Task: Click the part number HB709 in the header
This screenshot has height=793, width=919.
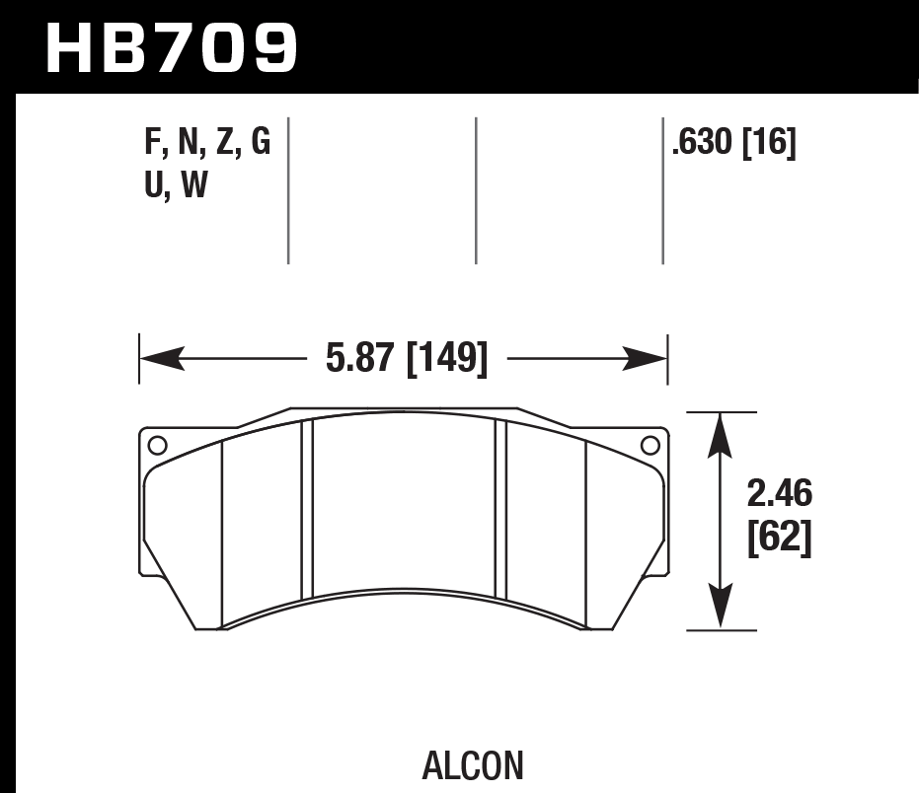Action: click(x=171, y=46)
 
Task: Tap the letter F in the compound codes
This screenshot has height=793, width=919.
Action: click(x=154, y=144)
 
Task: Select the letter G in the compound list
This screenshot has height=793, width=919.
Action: click(x=260, y=144)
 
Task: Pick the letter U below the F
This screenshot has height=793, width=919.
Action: click(x=155, y=184)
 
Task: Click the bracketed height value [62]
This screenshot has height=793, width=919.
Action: click(x=780, y=538)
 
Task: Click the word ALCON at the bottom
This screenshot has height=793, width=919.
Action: click(x=472, y=764)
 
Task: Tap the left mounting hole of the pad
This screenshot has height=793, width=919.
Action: click(x=158, y=445)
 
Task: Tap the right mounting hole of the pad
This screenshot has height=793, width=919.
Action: click(x=650, y=445)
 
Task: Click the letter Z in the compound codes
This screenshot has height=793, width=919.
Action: click(x=225, y=144)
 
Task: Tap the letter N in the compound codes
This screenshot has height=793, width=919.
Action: click(x=188, y=144)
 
